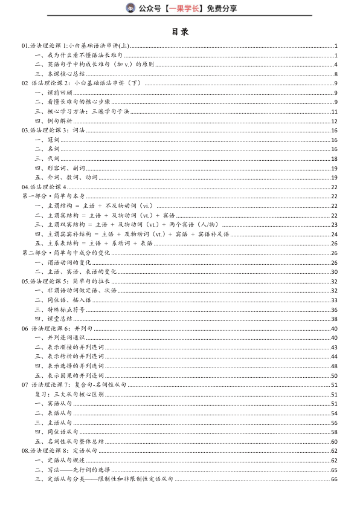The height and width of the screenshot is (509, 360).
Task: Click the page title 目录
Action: pyautogui.click(x=180, y=31)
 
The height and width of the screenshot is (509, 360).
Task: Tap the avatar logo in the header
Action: pyautogui.click(x=130, y=8)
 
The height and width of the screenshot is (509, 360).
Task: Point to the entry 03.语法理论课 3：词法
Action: pyautogui.click(x=54, y=131)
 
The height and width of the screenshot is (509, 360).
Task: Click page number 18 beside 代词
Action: pyautogui.click(x=334, y=159)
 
